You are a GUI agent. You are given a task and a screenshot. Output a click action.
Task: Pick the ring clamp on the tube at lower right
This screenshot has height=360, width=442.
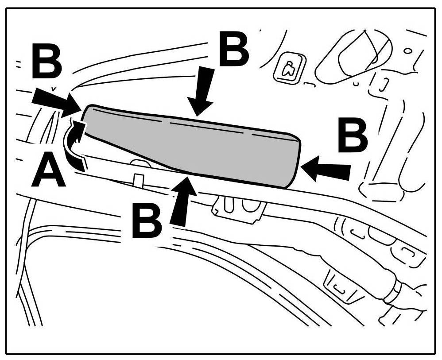(393, 292)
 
